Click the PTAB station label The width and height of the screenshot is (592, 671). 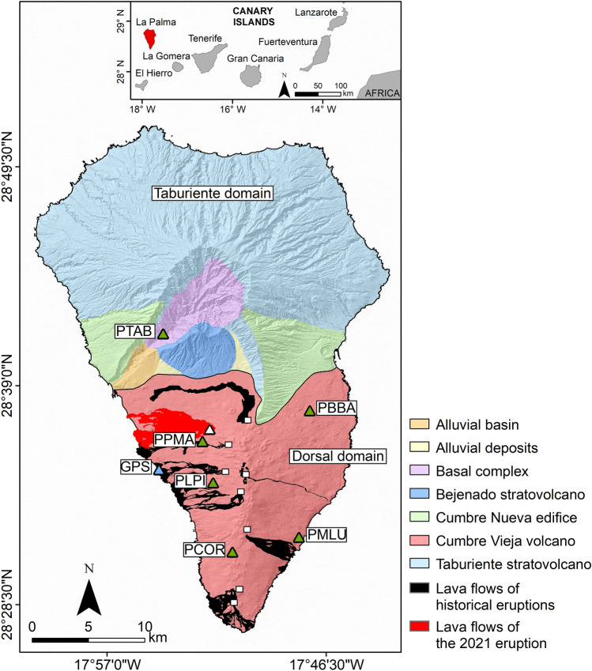134,330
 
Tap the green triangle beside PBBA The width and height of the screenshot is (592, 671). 310,411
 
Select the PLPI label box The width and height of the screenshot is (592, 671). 190,480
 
